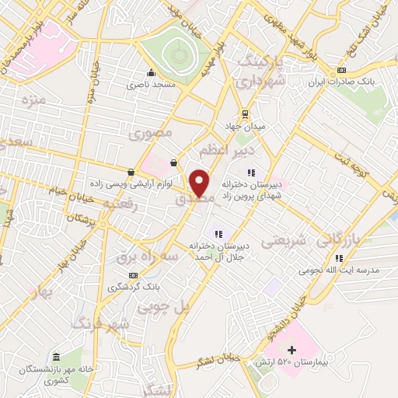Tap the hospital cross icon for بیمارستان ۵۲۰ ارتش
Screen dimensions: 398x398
click(292, 351)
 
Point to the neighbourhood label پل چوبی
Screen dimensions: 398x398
click(164, 308)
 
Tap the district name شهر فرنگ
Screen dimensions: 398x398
click(97, 325)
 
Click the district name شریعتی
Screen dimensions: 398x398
click(282, 240)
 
